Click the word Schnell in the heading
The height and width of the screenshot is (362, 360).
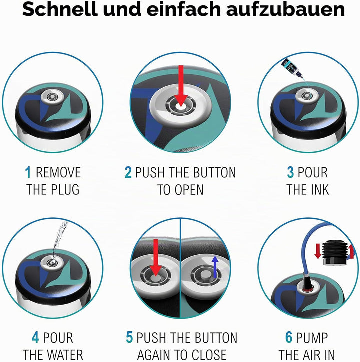click(x=60, y=9)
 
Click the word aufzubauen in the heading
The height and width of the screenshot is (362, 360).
click(x=285, y=9)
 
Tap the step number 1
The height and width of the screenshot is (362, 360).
click(x=28, y=172)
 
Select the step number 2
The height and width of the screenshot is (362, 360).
click(x=128, y=172)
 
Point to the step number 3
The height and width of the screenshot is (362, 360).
click(x=290, y=172)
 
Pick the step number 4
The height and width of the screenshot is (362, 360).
click(x=35, y=338)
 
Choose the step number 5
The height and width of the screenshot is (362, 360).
click(x=129, y=338)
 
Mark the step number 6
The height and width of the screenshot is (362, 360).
click(x=289, y=338)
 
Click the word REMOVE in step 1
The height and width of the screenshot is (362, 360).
click(x=58, y=172)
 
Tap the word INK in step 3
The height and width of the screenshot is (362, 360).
click(x=319, y=190)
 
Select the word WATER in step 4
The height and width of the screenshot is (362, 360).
click(x=66, y=355)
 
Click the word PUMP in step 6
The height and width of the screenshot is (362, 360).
click(x=312, y=338)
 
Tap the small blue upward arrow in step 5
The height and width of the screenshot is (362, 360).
click(x=215, y=267)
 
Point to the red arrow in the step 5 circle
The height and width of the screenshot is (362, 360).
click(x=156, y=257)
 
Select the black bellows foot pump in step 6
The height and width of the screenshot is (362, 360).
click(x=334, y=253)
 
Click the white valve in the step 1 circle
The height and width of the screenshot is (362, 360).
click(x=52, y=96)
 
